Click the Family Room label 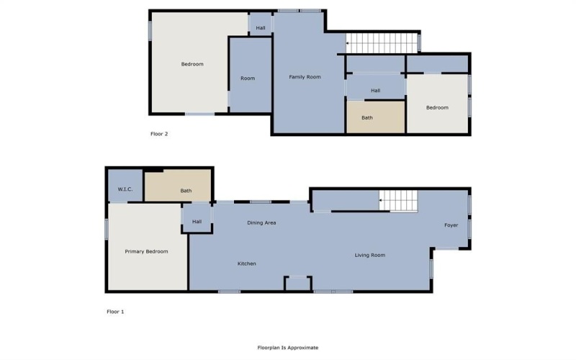(305, 77)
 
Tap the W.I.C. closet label (125, 189)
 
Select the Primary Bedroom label (146, 251)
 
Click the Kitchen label (247, 264)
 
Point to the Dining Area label (261, 222)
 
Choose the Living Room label (369, 255)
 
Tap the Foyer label (451, 225)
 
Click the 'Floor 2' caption (159, 133)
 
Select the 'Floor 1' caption (115, 312)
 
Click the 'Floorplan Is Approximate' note (288, 347)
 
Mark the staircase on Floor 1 (398, 199)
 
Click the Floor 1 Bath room (186, 191)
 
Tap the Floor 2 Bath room (367, 117)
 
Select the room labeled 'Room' (248, 78)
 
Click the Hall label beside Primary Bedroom (197, 222)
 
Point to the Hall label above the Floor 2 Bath (375, 91)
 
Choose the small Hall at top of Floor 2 (260, 28)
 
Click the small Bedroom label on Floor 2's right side (437, 108)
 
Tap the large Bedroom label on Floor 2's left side (192, 64)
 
